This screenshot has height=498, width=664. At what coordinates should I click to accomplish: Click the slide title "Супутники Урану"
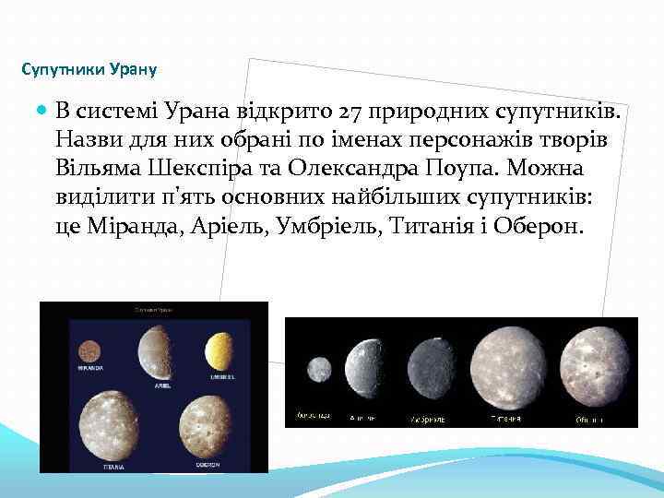[x=89, y=69]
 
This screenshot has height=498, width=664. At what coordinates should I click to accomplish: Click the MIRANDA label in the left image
[x=89, y=365]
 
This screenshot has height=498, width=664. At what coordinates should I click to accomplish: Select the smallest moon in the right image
[x=319, y=369]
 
